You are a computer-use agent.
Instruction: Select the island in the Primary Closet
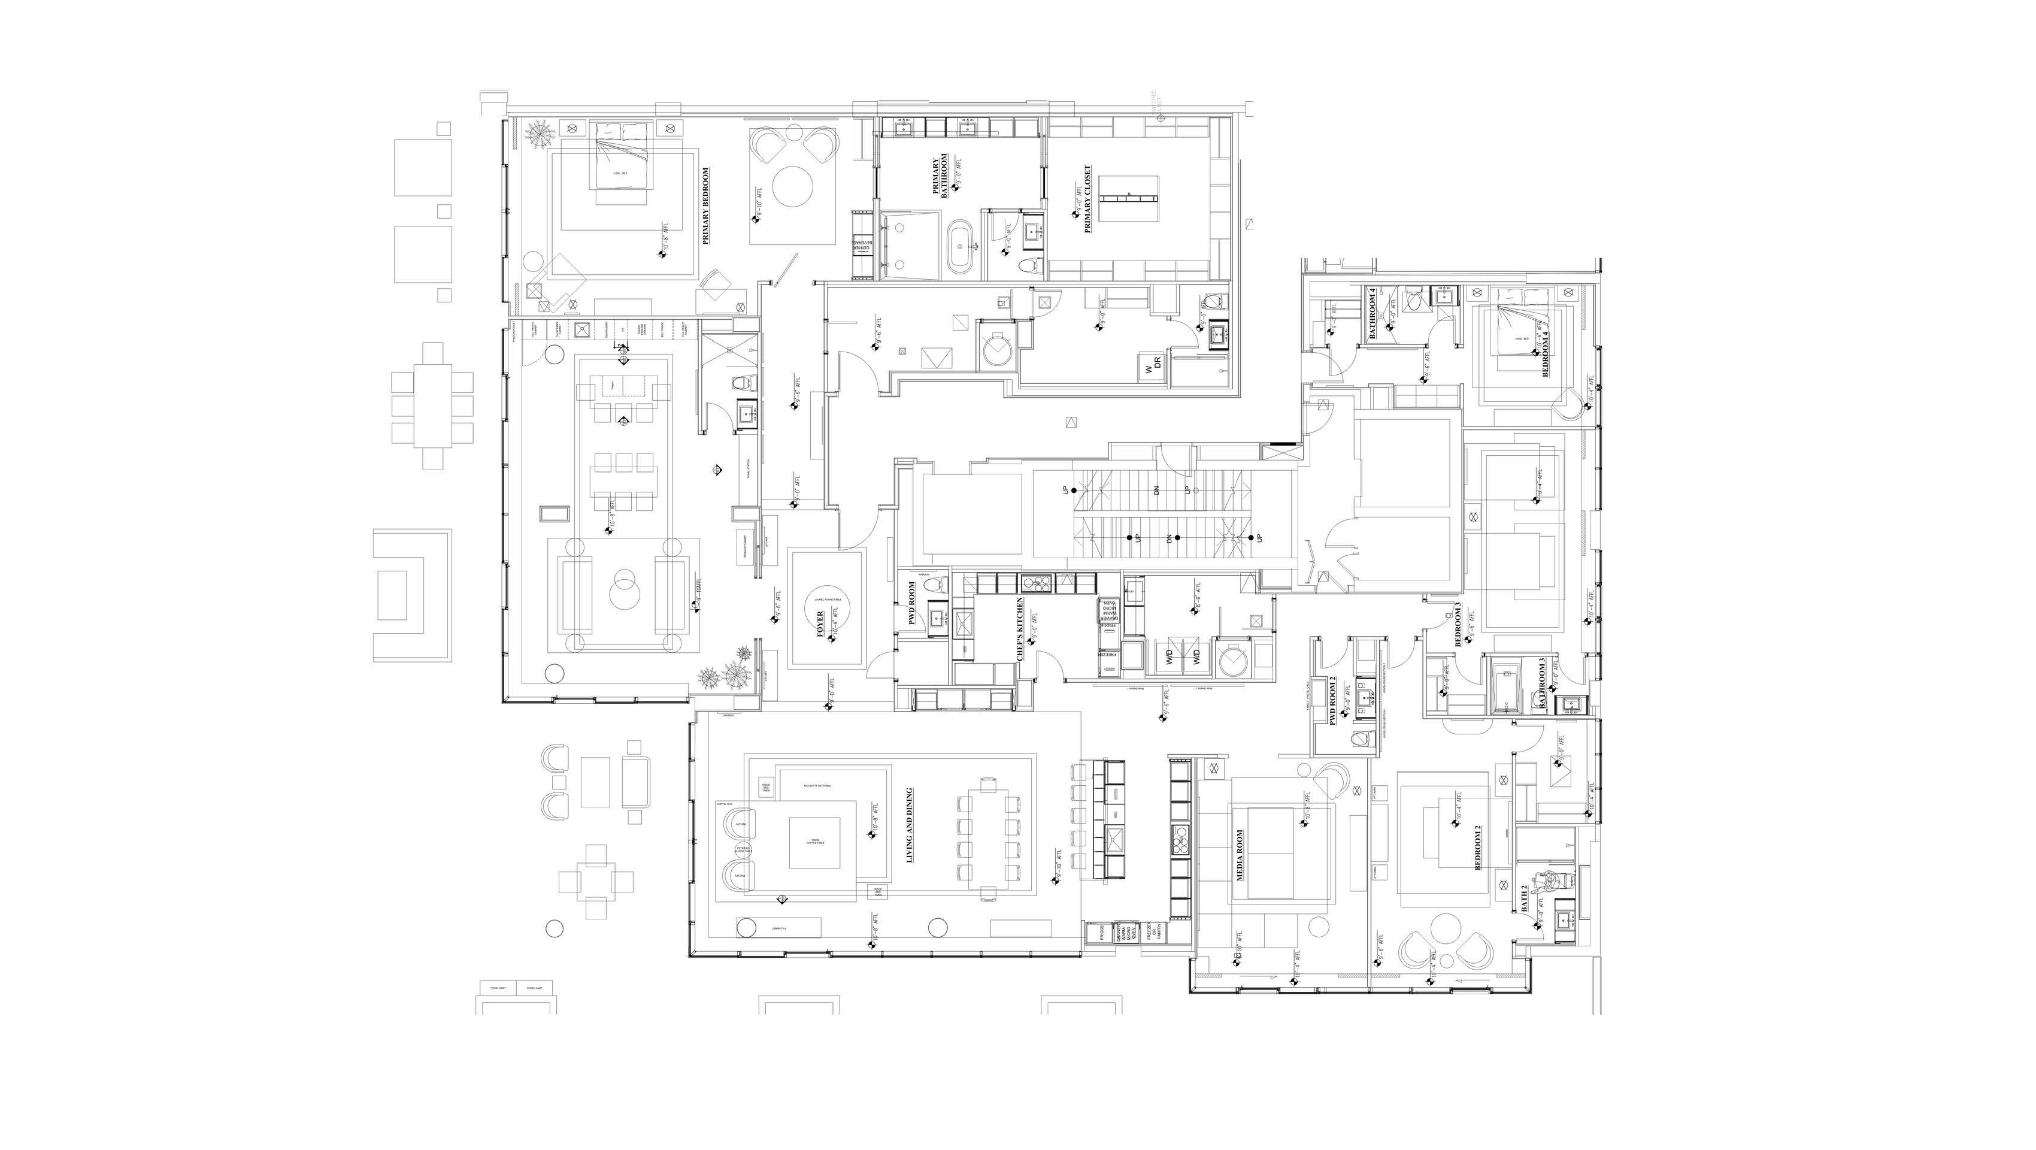(1129, 198)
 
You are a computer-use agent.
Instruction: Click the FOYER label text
(820, 624)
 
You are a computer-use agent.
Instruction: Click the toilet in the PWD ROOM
(937, 586)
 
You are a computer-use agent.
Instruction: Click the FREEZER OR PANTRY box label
(1155, 933)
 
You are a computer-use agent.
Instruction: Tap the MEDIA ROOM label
(1240, 855)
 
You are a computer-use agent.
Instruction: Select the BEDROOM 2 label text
(1478, 848)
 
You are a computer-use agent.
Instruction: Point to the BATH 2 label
(1525, 898)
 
